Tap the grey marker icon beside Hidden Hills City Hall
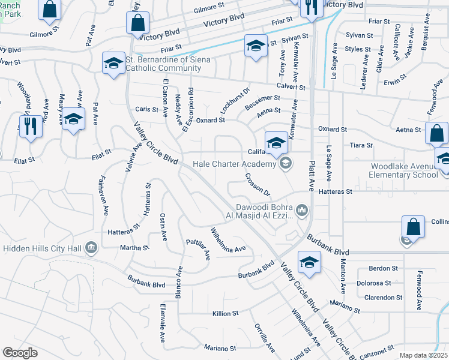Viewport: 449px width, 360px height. coord(91,247)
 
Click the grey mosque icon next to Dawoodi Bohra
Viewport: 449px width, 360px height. coord(301,210)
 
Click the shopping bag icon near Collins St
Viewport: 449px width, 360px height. coord(413,227)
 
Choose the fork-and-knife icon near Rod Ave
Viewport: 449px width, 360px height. coord(31,126)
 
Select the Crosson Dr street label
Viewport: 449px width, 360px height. coord(258,185)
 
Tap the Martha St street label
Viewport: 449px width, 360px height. coord(134,247)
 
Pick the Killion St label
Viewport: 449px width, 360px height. coord(226,313)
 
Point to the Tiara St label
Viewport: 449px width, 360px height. coord(361,145)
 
